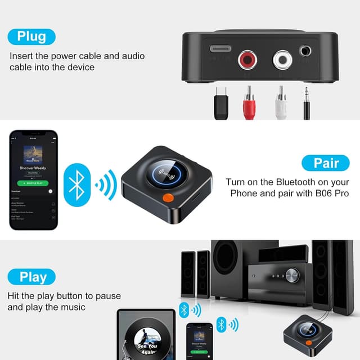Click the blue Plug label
point(31,37)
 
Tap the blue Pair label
point(326,163)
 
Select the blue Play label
point(32,277)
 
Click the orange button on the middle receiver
point(168,197)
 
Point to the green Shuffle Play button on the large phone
point(34,183)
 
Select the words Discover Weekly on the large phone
point(34,168)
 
